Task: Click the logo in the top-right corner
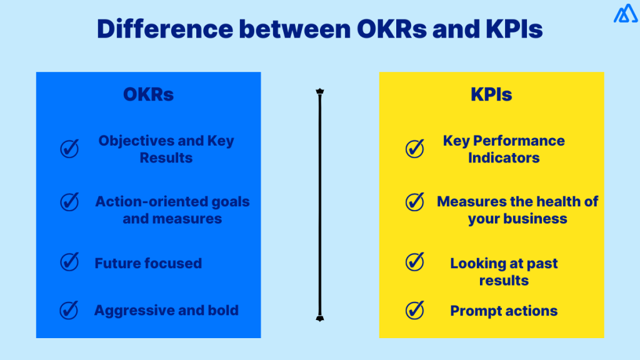click(x=625, y=14)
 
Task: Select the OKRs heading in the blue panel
click(x=148, y=94)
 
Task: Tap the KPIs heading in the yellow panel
click(x=491, y=94)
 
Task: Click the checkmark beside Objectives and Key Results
click(x=69, y=149)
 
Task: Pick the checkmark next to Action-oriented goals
click(x=69, y=201)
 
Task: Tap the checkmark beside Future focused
click(x=69, y=262)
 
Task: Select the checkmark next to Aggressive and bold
click(x=69, y=309)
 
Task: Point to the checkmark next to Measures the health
click(x=414, y=201)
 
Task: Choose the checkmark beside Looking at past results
click(x=414, y=261)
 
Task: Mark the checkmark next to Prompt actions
click(x=414, y=309)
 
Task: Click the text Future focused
click(x=148, y=263)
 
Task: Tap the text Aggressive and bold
click(x=166, y=310)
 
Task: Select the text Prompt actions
click(x=504, y=311)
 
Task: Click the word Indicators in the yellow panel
click(x=504, y=157)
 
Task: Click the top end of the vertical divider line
click(x=319, y=92)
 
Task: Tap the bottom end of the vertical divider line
click(x=319, y=318)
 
